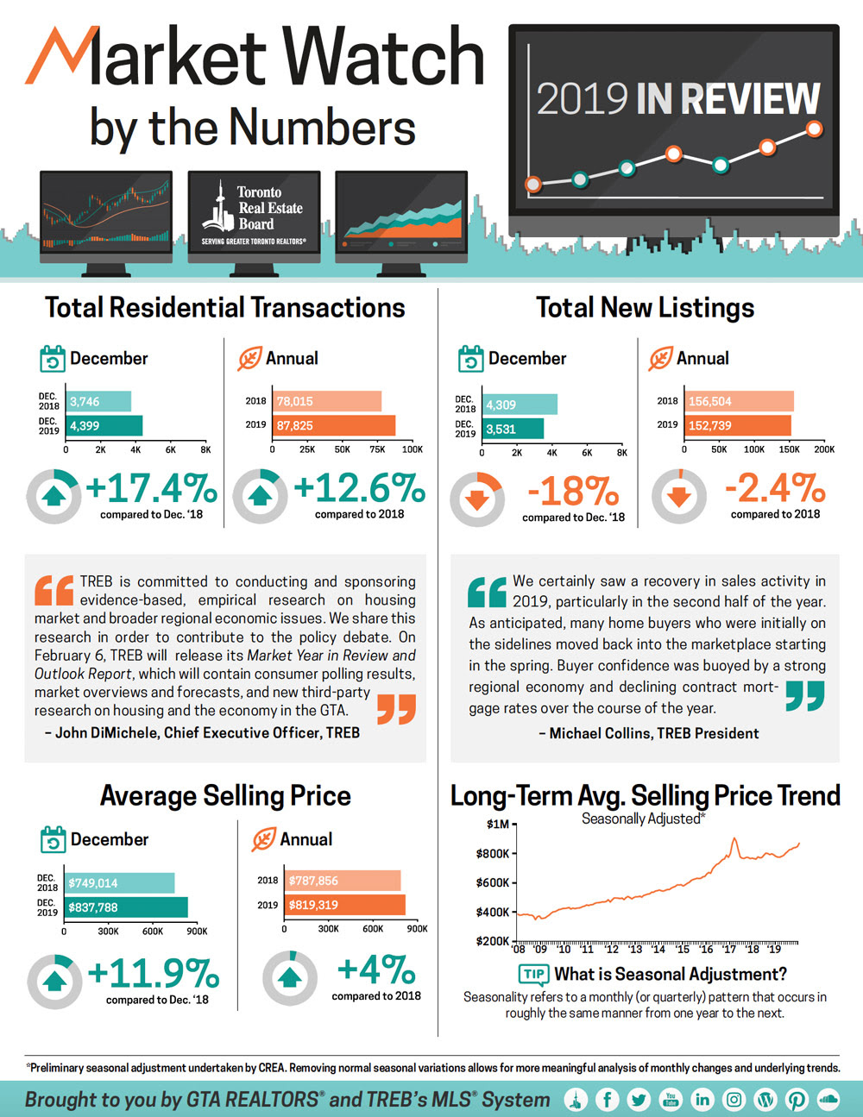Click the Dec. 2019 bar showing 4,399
coord(104,425)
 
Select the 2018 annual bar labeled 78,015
coord(328,401)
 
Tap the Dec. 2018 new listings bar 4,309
coord(520,405)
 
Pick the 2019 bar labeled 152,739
coord(739,425)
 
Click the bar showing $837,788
coord(126,907)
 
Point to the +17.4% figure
coord(151,488)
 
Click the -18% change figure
coord(573,492)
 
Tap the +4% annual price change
coord(376,970)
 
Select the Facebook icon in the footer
coord(608,1099)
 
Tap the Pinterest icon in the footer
coord(797,1099)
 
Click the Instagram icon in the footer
coord(734,1099)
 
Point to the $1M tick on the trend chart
coord(498,824)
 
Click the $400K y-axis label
coord(493,912)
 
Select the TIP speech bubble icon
coord(533,975)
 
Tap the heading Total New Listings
coord(645,308)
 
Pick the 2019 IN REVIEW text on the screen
coord(678,99)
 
